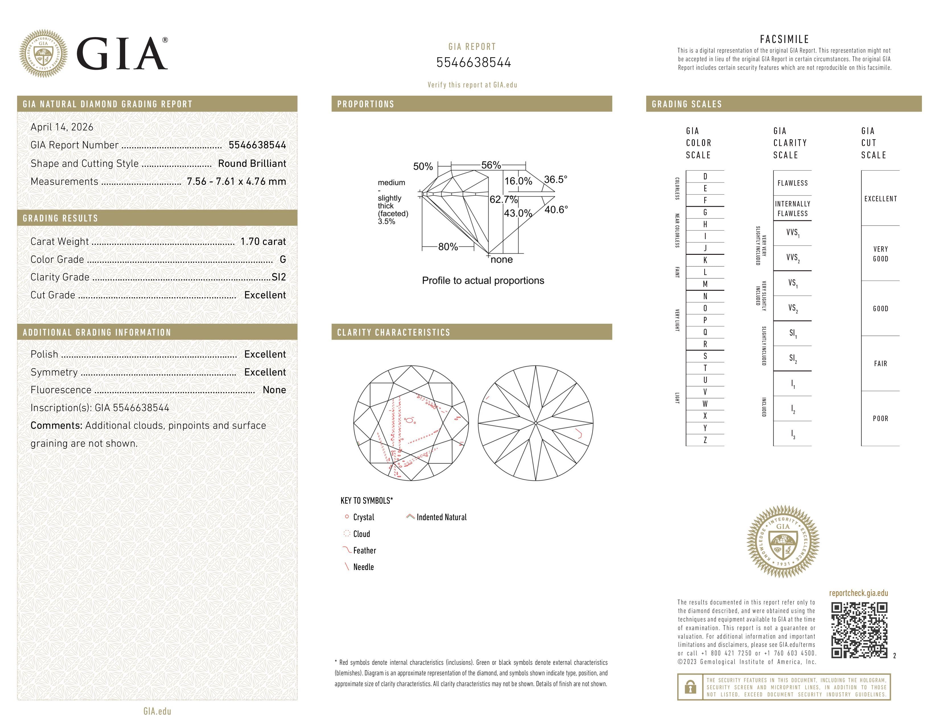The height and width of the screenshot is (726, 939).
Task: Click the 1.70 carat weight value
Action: pos(263,241)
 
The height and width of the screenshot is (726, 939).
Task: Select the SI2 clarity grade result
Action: pos(279,277)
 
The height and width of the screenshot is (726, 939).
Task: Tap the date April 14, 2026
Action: pos(62,127)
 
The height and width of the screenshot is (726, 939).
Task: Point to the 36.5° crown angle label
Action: pos(555,179)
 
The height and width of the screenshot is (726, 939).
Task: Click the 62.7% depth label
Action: pos(503,199)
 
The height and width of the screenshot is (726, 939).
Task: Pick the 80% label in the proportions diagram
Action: pos(448,247)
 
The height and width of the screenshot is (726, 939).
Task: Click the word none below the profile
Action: pos(501,259)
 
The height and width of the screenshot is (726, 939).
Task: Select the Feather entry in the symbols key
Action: pos(364,551)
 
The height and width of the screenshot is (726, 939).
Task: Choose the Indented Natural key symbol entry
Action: pos(441,517)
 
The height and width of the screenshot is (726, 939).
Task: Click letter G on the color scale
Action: pos(705,212)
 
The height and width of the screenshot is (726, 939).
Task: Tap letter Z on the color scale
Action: pos(705,440)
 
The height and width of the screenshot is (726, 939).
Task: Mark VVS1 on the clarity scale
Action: pos(792,233)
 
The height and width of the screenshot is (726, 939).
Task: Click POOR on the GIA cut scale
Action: pos(880,419)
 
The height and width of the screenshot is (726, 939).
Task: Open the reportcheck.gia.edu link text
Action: pos(858,593)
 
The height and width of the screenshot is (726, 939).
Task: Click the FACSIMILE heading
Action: pos(784,39)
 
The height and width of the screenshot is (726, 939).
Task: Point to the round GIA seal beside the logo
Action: pos(44,53)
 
